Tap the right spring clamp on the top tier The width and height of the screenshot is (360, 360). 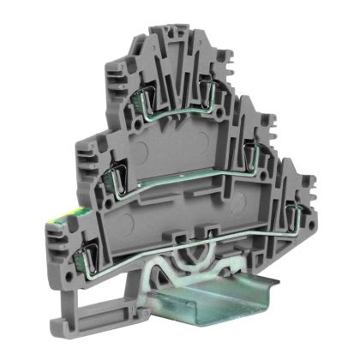[x=211, y=83]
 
